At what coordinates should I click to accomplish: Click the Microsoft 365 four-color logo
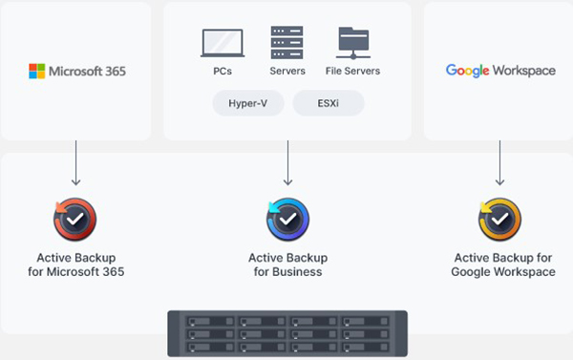tap(36, 71)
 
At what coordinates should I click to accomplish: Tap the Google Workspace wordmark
tap(500, 71)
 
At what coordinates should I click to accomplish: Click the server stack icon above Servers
tap(287, 43)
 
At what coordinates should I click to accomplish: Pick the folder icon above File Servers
tap(353, 43)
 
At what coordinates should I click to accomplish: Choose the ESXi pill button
tap(328, 102)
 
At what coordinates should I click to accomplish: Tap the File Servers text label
tap(353, 71)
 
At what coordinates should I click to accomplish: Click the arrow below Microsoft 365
tap(75, 164)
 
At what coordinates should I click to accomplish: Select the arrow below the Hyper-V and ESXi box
tap(287, 164)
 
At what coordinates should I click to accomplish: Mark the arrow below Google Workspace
tap(499, 164)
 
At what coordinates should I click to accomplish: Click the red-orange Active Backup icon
tap(75, 220)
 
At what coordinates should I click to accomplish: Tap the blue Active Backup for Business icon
tap(287, 220)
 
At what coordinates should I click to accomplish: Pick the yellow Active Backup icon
tap(499, 220)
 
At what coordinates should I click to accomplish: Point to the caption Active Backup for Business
tap(287, 265)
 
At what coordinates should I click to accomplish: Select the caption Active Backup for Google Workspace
tap(503, 265)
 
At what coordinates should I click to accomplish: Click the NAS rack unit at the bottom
tap(287, 334)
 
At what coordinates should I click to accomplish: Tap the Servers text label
tap(287, 71)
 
